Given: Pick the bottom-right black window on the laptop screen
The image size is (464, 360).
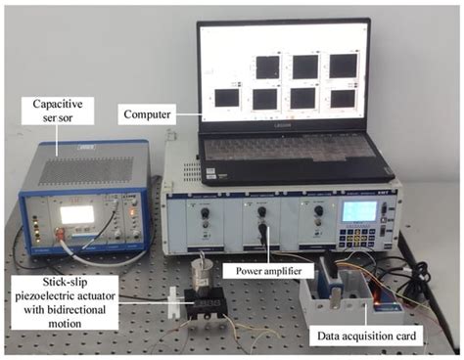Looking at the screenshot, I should tap(342, 98).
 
